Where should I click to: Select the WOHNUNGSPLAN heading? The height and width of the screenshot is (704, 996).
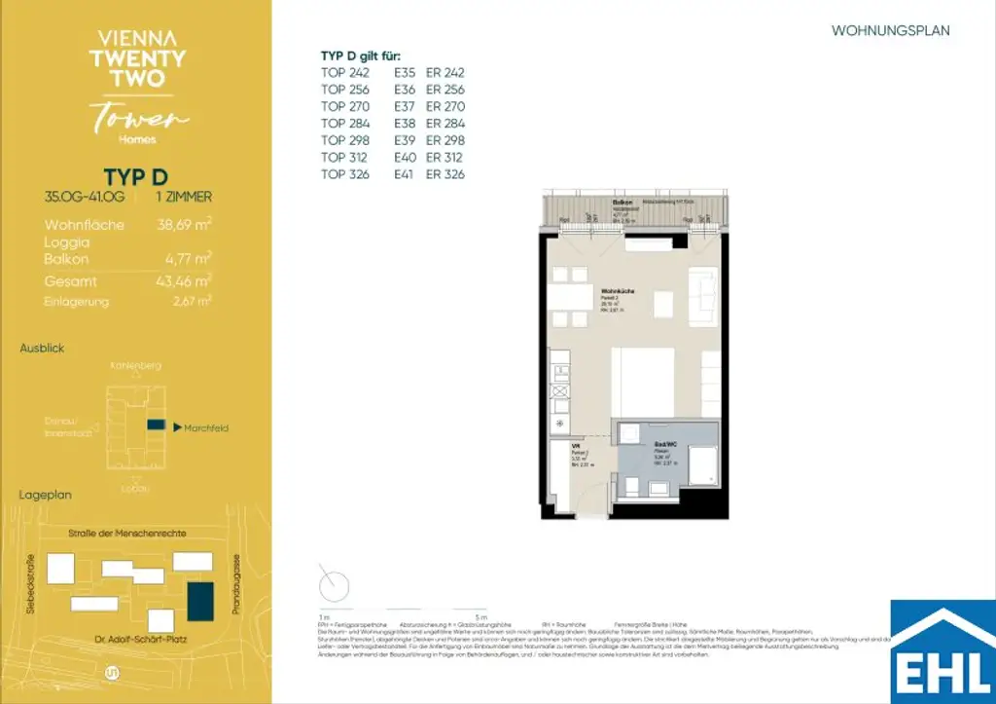click(890, 31)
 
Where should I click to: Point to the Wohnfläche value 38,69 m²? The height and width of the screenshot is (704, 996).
click(185, 224)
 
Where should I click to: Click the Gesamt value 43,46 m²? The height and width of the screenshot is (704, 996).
click(185, 281)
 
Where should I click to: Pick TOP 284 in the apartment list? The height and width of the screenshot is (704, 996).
click(346, 124)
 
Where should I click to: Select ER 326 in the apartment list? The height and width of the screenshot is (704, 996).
click(445, 174)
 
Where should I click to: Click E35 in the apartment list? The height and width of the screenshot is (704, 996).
click(405, 73)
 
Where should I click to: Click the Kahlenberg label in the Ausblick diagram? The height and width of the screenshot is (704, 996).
click(135, 366)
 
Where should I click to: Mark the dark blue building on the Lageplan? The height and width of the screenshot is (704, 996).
click(202, 598)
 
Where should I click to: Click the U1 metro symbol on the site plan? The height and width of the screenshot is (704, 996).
click(110, 673)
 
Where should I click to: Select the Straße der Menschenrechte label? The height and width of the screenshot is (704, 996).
click(126, 534)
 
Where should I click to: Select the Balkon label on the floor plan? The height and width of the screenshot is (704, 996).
click(622, 202)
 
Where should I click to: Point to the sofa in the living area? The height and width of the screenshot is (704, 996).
click(703, 297)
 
